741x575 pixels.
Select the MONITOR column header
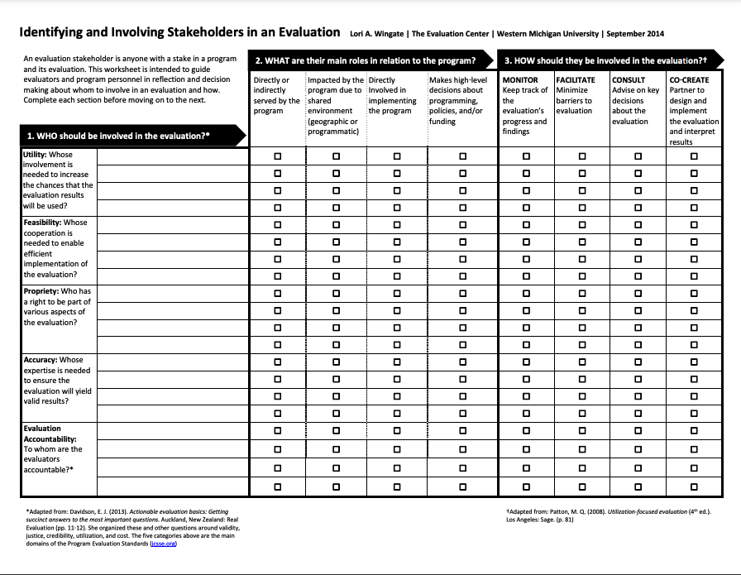520,80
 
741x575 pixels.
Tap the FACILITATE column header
576,80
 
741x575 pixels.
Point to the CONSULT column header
629,80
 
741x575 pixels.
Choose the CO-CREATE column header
689,80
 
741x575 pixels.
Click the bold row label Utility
36,155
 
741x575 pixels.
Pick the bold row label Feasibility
43,223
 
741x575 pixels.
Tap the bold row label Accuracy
41,360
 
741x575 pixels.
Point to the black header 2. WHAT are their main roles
366,61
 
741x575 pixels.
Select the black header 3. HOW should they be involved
605,61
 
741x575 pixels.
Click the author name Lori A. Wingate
377,34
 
